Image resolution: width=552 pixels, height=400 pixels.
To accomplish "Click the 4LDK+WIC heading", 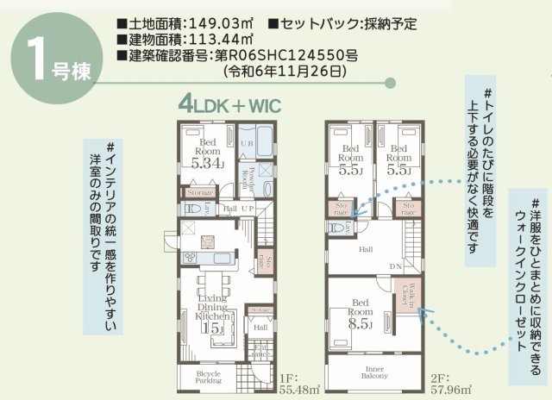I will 230,106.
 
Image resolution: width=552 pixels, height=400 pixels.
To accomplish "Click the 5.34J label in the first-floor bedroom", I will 209,162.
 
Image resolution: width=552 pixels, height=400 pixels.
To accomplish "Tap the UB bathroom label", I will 246,142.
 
